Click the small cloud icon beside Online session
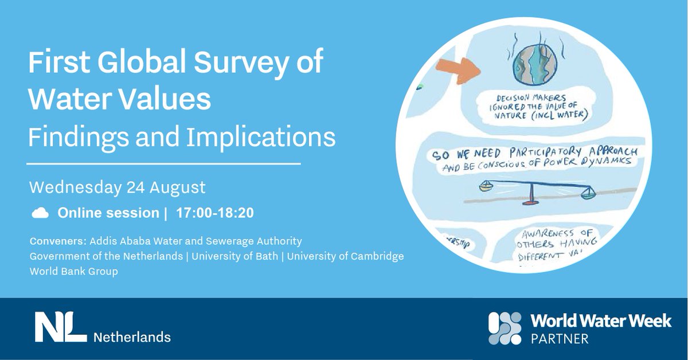click(40, 213)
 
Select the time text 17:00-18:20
click(215, 213)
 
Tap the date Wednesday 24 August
click(117, 187)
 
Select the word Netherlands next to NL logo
click(132, 336)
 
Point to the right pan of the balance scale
click(587, 195)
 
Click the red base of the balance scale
click(531, 203)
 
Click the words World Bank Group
click(74, 271)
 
